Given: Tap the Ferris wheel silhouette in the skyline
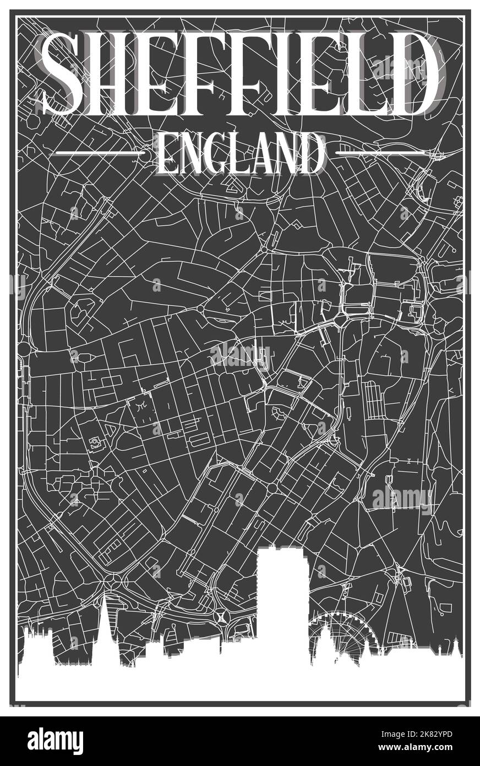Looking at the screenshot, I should (332, 639).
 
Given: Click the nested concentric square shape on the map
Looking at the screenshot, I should (97, 443).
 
